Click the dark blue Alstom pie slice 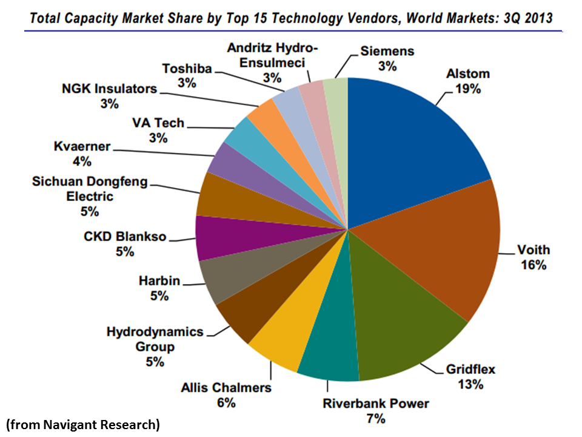tap(412, 146)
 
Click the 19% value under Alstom tap(467, 90)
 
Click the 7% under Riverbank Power tap(375, 419)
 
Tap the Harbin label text tap(161, 281)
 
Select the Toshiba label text tap(187, 69)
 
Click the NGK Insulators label tap(109, 89)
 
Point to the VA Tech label tap(158, 123)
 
